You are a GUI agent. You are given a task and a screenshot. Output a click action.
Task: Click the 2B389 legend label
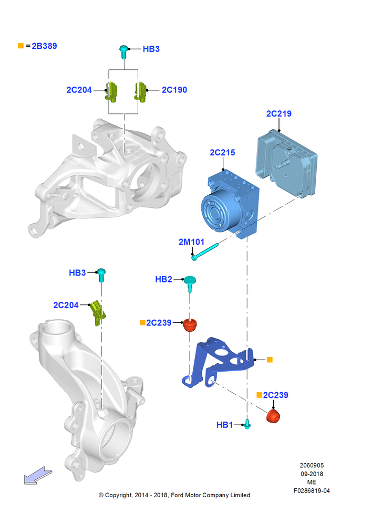pos(44,46)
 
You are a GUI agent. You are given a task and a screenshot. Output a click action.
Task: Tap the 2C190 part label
pos(174,90)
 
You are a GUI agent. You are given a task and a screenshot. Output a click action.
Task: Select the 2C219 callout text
pos(279,113)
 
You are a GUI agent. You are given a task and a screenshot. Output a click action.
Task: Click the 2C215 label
pos(223,152)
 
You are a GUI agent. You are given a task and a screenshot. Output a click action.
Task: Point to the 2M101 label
pos(191,241)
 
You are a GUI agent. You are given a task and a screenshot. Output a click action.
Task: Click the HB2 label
pos(163,279)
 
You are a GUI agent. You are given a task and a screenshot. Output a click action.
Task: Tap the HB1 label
pos(224,425)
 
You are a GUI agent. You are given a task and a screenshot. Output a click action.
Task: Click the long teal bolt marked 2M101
pos(205,252)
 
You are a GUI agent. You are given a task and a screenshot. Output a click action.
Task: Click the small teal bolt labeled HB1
pos(247,424)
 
